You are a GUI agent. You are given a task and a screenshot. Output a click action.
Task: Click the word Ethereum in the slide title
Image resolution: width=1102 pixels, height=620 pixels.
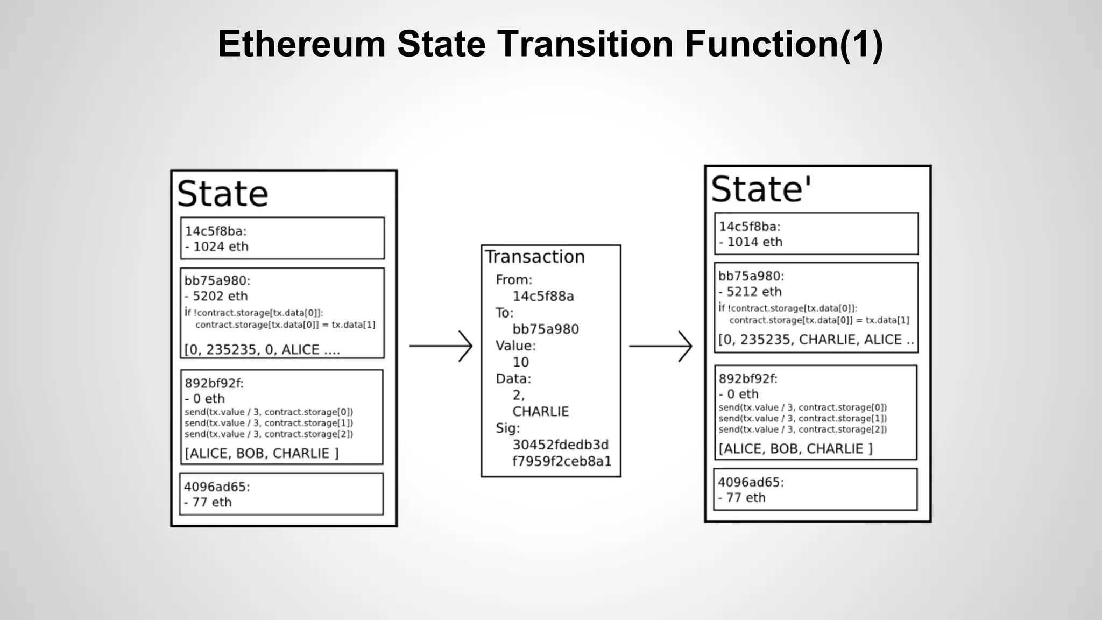pos(301,44)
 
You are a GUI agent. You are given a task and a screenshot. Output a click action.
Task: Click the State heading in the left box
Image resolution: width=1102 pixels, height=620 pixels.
pos(222,194)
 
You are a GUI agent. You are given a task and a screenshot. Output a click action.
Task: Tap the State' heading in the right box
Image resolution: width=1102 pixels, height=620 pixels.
pos(760,189)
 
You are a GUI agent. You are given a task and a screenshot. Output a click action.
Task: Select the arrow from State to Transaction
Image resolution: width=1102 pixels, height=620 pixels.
pos(441,346)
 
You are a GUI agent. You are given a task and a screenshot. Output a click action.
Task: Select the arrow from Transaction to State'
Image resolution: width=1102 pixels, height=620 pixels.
pos(660,346)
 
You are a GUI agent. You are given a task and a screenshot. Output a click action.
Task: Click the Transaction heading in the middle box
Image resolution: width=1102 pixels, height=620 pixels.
pos(535,257)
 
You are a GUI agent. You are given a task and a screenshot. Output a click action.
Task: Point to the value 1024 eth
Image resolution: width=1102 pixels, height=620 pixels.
pos(220,246)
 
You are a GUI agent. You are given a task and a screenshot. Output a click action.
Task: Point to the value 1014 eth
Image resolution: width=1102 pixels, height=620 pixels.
pos(754,242)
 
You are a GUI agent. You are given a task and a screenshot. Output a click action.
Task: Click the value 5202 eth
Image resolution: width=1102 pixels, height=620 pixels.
pos(220,296)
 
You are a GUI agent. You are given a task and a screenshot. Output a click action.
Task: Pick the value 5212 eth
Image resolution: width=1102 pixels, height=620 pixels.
pos(753,292)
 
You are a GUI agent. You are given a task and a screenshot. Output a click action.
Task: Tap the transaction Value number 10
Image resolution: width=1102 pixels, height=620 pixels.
pos(520,362)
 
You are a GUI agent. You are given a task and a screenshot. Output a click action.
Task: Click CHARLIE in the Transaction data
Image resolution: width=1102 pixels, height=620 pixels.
pos(540,412)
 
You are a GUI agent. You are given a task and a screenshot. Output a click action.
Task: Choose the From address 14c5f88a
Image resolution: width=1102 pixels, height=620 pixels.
pos(543,296)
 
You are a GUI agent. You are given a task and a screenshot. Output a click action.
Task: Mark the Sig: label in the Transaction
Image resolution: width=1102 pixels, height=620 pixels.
pos(507,428)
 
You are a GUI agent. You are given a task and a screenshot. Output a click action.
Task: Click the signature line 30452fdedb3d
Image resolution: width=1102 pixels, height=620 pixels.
pos(560,445)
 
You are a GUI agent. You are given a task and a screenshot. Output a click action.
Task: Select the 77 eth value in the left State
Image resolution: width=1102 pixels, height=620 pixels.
pos(211,502)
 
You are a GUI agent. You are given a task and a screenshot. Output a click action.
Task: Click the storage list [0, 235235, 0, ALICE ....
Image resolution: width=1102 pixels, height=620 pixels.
pos(262,350)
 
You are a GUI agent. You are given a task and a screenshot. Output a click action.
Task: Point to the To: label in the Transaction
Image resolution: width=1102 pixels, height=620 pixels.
pos(504,313)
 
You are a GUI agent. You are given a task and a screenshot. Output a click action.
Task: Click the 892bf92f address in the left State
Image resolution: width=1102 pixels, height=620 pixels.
pos(214,383)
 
